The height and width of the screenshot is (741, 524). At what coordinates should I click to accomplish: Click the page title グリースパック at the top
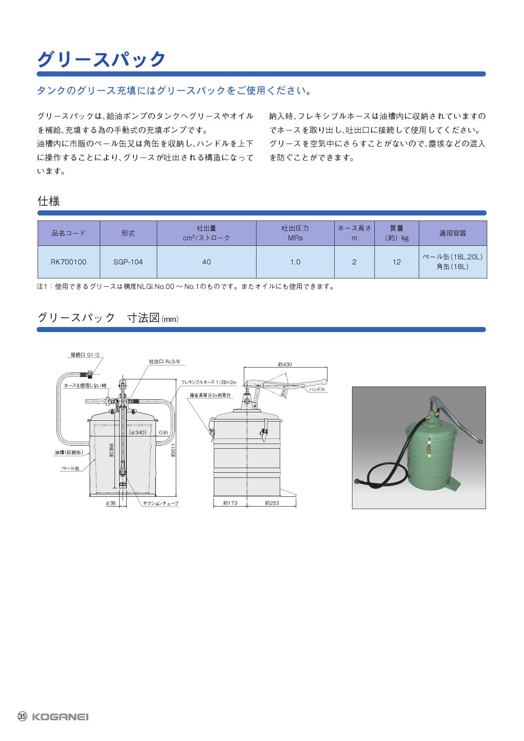pos(101,59)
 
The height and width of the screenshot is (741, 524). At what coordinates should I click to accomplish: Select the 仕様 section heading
pos(49,201)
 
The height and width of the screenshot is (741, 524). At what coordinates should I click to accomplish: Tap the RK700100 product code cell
pos(68,262)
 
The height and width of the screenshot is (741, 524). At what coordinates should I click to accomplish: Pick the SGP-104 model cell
pos(128,262)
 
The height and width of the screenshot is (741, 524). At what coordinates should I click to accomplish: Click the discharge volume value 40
pos(206,262)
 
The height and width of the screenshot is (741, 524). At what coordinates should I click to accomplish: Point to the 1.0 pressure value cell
pos(295,262)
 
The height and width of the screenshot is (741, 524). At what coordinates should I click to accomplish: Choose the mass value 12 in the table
pos(396,262)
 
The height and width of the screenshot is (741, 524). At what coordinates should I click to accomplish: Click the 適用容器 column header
pos(453,233)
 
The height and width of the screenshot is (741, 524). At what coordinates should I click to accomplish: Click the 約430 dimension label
pos(285,364)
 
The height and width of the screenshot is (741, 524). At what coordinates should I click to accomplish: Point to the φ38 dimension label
pos(110,503)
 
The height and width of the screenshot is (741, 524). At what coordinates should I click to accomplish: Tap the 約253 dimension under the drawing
pos(272,503)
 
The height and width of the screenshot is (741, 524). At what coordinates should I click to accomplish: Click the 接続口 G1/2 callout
pos(85,355)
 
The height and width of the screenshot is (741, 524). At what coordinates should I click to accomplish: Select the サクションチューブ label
pos(161,504)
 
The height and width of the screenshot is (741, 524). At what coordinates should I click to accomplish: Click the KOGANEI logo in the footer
pos(60,717)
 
